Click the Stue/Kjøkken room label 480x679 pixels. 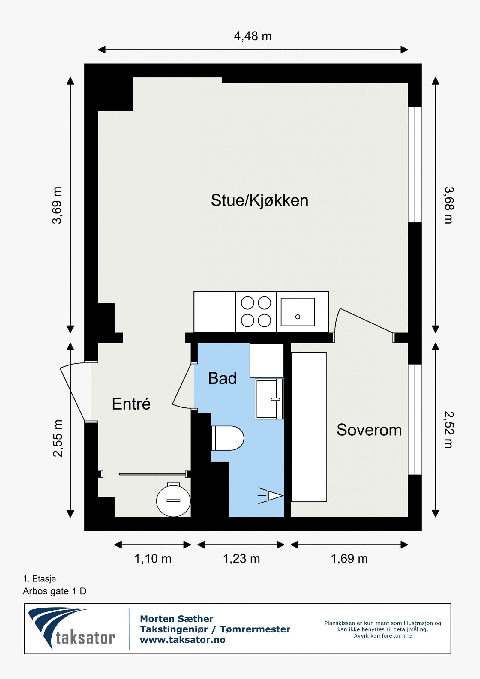tap(259, 200)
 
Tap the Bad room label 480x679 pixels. tap(222, 378)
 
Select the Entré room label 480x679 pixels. tap(131, 404)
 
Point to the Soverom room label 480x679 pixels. tap(369, 430)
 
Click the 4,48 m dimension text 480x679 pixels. tap(253, 36)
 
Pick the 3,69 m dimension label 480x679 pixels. tap(57, 205)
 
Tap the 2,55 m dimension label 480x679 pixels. tap(58, 438)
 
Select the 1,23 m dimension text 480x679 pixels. tap(241, 559)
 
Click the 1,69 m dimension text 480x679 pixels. tap(349, 559)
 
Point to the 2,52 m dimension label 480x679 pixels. tap(449, 430)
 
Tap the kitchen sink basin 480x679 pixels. tap(298, 312)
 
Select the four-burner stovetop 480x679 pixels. tap(256, 312)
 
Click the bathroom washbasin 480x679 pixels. tap(269, 399)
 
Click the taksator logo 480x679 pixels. tap(72, 629)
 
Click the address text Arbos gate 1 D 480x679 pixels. tap(55, 591)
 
